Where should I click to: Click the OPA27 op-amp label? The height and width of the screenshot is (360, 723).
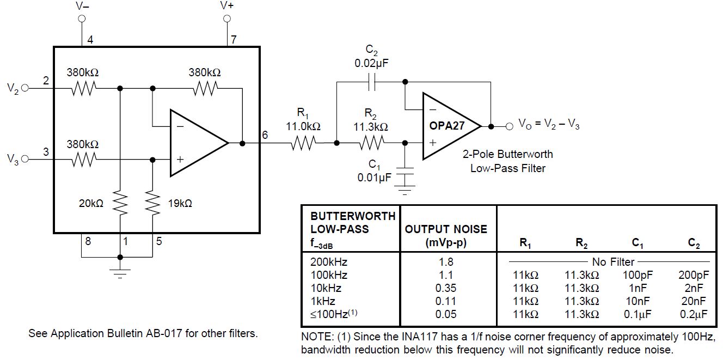[x=447, y=126]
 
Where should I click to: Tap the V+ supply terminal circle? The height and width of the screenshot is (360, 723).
[x=227, y=19]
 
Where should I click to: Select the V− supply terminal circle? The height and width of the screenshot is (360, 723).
[x=82, y=19]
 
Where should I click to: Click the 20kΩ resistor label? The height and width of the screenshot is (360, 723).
[x=91, y=204]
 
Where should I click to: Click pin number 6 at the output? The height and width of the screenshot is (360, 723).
[x=265, y=135]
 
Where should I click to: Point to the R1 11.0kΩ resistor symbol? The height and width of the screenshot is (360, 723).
[x=303, y=143]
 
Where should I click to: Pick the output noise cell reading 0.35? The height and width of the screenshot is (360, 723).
[x=446, y=288]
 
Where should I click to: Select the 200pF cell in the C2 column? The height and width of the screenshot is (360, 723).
[x=694, y=275]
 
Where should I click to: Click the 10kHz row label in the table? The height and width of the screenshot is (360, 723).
[x=326, y=288]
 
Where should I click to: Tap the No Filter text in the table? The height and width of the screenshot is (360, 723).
[x=613, y=262]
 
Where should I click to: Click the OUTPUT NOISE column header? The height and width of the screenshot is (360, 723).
[x=446, y=236]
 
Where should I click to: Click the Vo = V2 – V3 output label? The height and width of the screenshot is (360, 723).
[x=548, y=126]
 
